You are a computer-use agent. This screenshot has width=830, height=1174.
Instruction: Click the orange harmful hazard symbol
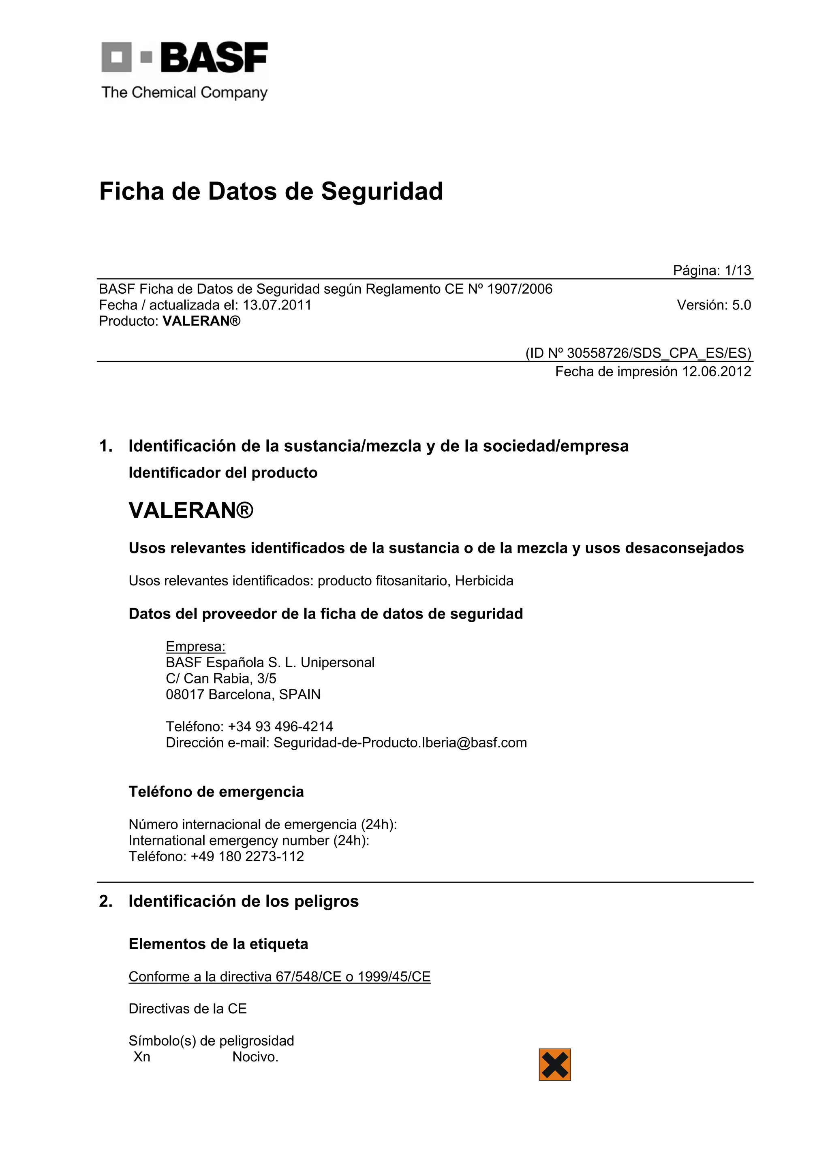click(x=554, y=1065)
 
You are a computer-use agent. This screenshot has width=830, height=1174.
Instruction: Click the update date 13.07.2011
click(x=277, y=305)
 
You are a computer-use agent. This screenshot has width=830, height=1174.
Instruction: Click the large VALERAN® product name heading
click(x=191, y=510)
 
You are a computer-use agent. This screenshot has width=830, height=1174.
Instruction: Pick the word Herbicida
click(x=484, y=581)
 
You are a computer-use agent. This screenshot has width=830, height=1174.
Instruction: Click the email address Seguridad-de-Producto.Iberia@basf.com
click(x=400, y=743)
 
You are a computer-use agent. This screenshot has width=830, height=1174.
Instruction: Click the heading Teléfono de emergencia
click(x=216, y=792)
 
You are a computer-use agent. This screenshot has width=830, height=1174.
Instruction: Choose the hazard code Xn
click(x=142, y=1057)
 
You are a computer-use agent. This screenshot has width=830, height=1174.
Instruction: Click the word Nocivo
click(x=255, y=1057)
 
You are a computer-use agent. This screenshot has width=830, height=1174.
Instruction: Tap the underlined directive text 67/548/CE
click(x=308, y=977)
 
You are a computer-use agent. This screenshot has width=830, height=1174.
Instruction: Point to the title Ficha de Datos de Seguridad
click(x=271, y=191)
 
